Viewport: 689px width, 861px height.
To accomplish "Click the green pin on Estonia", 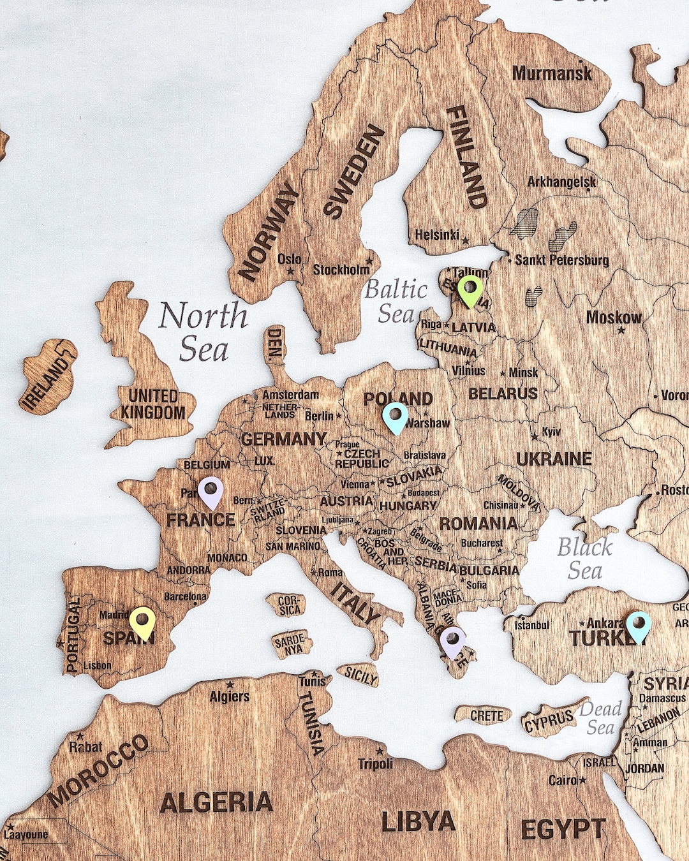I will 470,290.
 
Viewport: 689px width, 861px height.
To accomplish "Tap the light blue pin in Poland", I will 396,417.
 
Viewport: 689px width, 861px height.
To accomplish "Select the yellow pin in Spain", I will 142,622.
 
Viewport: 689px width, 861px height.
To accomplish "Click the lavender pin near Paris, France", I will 210,492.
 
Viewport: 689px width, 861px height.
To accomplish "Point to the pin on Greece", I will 453,641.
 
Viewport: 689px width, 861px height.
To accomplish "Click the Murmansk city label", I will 552,73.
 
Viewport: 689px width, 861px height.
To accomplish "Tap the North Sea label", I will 204,332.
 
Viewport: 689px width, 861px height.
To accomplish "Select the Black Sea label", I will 585,559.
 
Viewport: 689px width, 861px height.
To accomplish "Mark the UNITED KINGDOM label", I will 152,404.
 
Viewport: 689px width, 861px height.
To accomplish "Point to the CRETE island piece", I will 487,716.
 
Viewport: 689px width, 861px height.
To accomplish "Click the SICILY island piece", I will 360,675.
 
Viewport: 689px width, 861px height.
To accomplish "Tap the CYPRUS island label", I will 548,721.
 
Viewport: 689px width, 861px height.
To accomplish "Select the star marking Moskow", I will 620,331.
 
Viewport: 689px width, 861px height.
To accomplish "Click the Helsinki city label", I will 437,235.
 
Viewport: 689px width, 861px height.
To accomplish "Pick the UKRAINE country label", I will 554,459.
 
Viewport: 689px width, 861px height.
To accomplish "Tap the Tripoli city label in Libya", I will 375,763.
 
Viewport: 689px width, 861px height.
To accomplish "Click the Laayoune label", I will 26,834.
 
